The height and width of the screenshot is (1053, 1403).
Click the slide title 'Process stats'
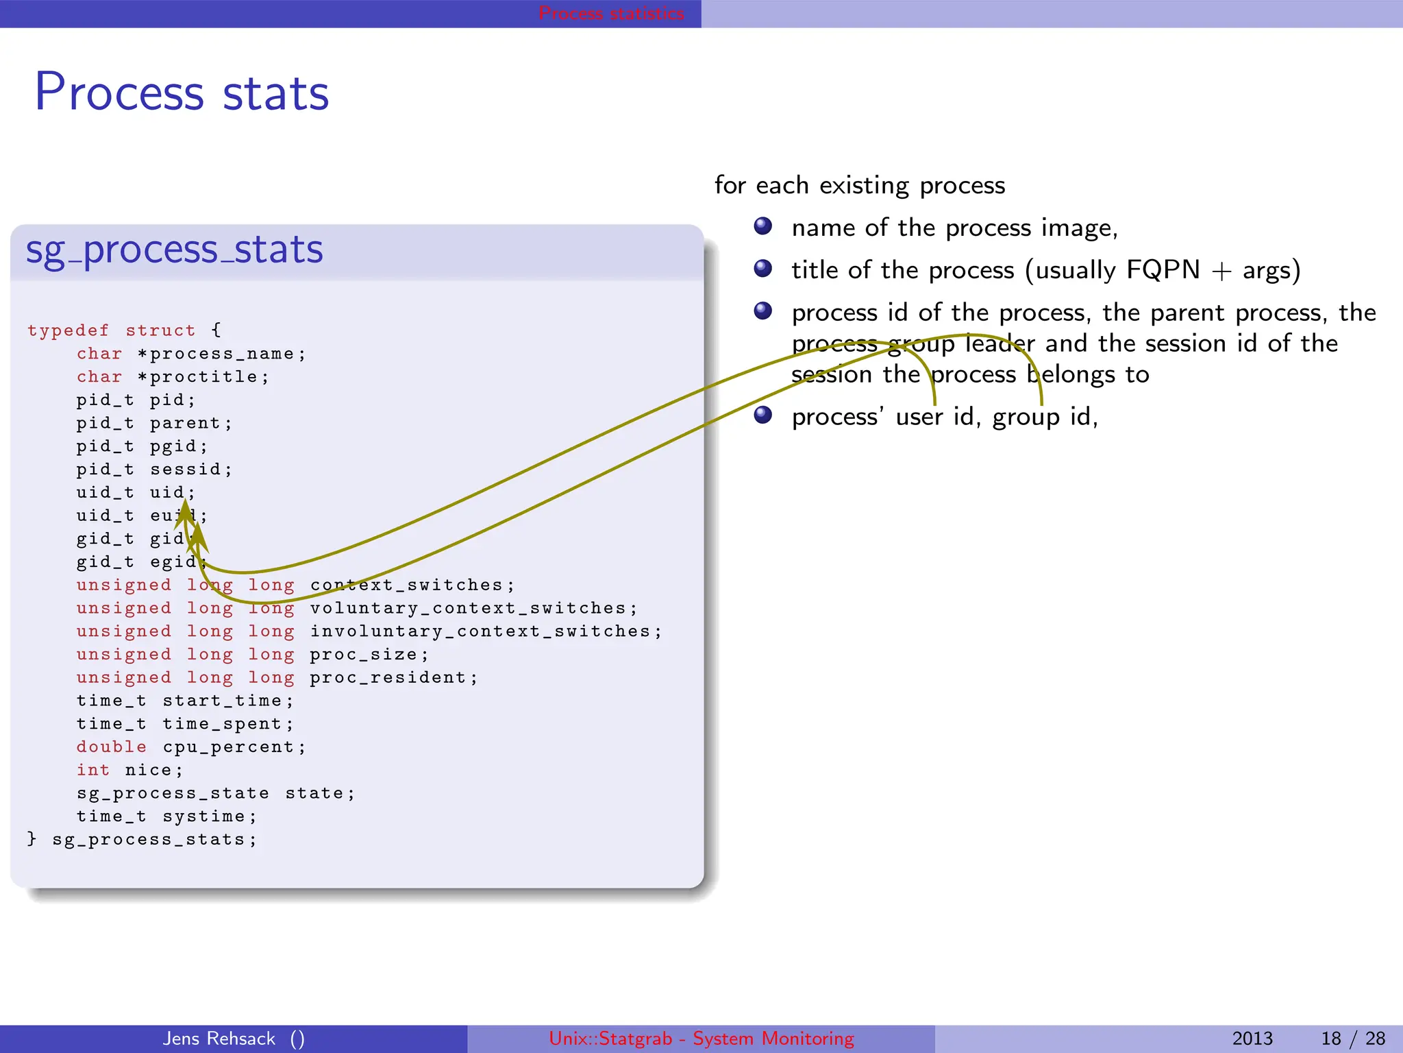tap(182, 93)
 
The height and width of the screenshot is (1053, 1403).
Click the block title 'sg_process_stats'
tap(174, 250)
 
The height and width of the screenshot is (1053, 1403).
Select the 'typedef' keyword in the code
tap(68, 330)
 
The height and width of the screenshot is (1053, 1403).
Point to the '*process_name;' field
tap(222, 354)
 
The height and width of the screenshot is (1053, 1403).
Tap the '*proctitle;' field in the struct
tap(203, 377)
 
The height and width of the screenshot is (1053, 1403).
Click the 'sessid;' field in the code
tap(191, 470)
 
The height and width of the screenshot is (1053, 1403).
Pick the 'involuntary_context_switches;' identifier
tap(486, 631)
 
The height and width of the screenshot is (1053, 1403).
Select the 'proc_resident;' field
tap(393, 678)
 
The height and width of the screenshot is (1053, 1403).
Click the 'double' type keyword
tap(111, 747)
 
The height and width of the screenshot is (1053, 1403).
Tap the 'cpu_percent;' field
tap(234, 747)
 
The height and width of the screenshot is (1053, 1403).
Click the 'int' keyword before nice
tap(92, 771)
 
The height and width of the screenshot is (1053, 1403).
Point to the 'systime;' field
tap(209, 816)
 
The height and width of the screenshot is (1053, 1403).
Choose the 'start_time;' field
tap(227, 701)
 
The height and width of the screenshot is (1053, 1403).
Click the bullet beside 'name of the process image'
tap(763, 226)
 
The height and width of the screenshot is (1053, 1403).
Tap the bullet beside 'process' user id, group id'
tap(763, 415)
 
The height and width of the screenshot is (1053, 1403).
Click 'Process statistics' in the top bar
tap(611, 13)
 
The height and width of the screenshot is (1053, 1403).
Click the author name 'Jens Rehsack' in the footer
tap(219, 1039)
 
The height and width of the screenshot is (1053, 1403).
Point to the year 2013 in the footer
tap(1252, 1039)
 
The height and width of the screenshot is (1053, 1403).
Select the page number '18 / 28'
tap(1352, 1039)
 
